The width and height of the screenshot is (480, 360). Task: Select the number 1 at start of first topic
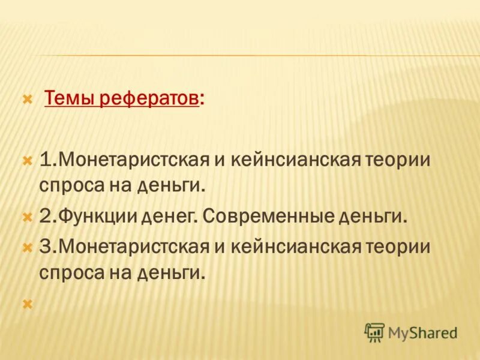[46, 161]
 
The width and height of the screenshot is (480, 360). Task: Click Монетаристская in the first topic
[133, 161]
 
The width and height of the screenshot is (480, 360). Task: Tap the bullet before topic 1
[26, 161]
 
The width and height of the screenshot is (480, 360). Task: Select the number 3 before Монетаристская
[46, 247]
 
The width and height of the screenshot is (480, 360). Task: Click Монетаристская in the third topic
[133, 247]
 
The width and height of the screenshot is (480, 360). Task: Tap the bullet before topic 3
[26, 247]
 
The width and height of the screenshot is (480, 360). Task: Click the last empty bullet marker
[26, 305]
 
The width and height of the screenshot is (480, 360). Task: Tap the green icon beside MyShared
[374, 331]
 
